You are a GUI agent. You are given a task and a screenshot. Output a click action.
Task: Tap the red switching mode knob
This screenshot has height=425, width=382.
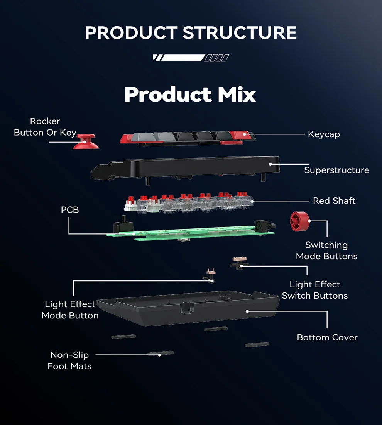click(x=299, y=221)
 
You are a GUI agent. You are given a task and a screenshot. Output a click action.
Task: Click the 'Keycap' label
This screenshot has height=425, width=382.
click(x=324, y=134)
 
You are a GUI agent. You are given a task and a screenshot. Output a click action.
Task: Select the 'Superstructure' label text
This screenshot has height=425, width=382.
click(x=336, y=170)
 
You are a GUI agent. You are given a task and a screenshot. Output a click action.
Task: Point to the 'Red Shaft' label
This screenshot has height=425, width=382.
click(x=334, y=201)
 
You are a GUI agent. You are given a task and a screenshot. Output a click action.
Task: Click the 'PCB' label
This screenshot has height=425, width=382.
click(x=70, y=210)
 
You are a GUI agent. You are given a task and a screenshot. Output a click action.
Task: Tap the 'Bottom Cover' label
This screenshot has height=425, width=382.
click(x=327, y=337)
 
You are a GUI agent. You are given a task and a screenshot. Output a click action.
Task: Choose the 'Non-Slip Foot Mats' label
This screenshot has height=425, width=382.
click(x=69, y=360)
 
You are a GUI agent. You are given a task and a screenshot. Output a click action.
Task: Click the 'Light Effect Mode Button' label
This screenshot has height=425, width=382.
click(x=70, y=310)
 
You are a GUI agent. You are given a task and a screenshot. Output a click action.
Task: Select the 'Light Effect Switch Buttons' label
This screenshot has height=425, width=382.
click(x=314, y=290)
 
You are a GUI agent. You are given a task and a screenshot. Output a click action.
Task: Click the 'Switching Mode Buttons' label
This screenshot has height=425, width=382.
click(x=326, y=251)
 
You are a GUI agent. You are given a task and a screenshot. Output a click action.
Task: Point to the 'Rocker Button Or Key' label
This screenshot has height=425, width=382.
click(x=45, y=127)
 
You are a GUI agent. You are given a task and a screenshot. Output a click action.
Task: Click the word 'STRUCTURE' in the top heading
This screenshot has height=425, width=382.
click(x=240, y=33)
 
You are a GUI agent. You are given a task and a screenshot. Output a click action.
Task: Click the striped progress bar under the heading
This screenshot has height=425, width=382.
click(x=191, y=58)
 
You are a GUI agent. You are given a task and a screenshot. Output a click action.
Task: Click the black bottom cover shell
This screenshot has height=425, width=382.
click(x=185, y=311)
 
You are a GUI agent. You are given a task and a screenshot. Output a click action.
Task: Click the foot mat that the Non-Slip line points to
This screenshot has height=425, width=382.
click(x=161, y=353)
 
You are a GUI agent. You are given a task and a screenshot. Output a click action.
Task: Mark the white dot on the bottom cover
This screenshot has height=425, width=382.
click(x=247, y=311)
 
